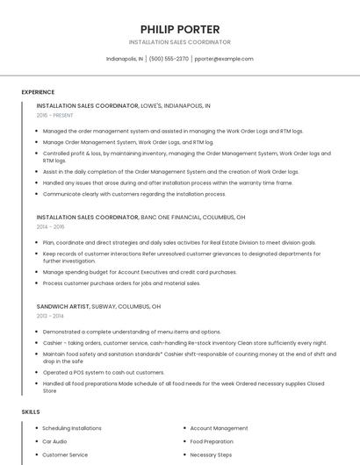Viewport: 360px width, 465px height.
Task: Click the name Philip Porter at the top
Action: pyautogui.click(x=179, y=29)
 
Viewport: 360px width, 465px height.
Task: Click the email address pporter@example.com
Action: pyautogui.click(x=224, y=59)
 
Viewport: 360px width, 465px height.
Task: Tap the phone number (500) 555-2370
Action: pyautogui.click(x=169, y=59)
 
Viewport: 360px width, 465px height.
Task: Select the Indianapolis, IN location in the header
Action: pyautogui.click(x=125, y=59)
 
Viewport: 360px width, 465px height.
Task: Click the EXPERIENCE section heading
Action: pyautogui.click(x=38, y=91)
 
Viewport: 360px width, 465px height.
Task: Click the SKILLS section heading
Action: pyautogui.click(x=31, y=411)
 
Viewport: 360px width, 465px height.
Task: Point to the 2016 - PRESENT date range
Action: pyautogui.click(x=54, y=115)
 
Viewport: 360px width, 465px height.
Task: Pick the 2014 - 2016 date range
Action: pyautogui.click(x=50, y=226)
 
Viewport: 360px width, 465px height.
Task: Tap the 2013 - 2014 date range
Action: pyautogui.click(x=50, y=316)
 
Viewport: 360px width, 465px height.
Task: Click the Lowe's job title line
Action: pyautogui.click(x=123, y=105)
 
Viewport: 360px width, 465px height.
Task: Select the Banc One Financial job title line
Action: pyautogui.click(x=140, y=217)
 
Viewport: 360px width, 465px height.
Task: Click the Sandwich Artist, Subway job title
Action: pyautogui.click(x=98, y=307)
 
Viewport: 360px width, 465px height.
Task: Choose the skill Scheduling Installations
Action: pyautogui.click(x=72, y=428)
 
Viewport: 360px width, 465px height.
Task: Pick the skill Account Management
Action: pyautogui.click(x=219, y=428)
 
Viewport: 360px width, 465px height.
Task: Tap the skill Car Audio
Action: pyautogui.click(x=54, y=441)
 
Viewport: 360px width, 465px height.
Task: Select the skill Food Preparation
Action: pyautogui.click(x=212, y=441)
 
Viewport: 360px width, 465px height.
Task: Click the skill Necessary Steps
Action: pyautogui.click(x=210, y=454)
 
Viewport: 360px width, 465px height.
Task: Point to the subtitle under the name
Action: pyautogui.click(x=179, y=42)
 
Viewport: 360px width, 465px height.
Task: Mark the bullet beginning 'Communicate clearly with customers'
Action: pyautogui.click(x=134, y=194)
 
